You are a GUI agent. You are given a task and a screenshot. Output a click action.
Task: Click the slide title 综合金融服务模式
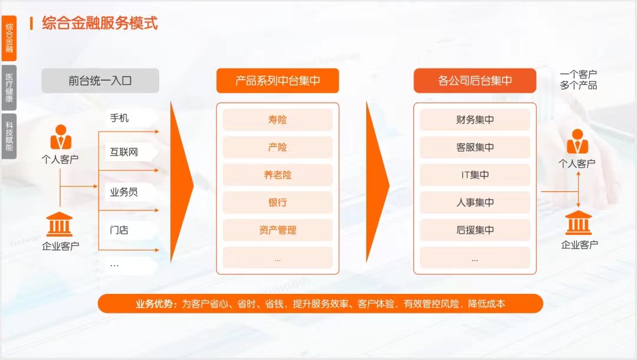coord(100,23)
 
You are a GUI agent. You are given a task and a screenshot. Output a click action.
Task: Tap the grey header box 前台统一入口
coord(100,80)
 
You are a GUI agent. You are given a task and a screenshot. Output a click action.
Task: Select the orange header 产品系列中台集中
coord(277,80)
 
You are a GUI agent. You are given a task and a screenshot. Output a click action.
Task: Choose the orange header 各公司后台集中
coord(475,80)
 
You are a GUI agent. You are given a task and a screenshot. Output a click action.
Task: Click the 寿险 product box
coord(277,119)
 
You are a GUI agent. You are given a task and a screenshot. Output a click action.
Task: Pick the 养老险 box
coord(277,175)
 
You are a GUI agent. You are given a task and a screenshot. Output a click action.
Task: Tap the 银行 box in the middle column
coord(277,202)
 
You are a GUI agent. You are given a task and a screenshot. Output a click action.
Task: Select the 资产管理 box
coord(277,230)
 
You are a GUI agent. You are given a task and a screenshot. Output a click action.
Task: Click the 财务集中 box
coord(475,119)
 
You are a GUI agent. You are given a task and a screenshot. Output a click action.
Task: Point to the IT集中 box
coord(475,175)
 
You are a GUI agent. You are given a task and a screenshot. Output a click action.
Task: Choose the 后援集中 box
coord(475,230)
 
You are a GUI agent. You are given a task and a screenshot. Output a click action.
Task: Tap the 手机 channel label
coord(119,118)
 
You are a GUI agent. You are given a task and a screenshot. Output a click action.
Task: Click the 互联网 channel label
coord(124,152)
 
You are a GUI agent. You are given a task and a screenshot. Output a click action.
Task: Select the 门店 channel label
coord(119,230)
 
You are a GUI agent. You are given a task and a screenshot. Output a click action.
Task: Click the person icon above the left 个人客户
coord(61,137)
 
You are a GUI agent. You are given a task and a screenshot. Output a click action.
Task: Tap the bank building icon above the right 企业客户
coord(578,222)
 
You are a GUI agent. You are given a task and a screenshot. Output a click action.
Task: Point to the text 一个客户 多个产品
coord(579,80)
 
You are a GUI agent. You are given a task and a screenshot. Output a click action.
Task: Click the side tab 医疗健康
coord(9,88)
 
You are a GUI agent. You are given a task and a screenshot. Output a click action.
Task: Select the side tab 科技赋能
coord(9,136)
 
